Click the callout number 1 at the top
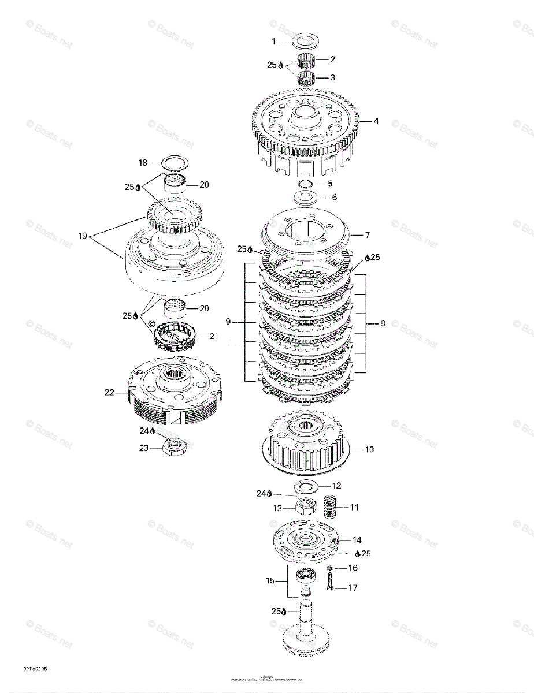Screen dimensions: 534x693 click(275, 42)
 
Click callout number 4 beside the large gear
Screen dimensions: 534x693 click(376, 121)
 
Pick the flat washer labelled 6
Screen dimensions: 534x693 click(307, 198)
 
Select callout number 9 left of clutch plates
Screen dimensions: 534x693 click(229, 322)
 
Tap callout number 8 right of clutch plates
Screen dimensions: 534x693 click(382, 324)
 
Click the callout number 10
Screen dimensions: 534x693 click(369, 449)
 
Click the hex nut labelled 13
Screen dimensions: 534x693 click(305, 508)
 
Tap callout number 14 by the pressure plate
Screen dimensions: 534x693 click(357, 540)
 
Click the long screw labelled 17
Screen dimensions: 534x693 click(330, 587)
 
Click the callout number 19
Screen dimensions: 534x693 click(83, 235)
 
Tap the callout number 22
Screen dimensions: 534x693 click(109, 392)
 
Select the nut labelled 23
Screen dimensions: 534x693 click(176, 447)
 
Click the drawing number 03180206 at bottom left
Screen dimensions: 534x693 click(35, 668)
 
